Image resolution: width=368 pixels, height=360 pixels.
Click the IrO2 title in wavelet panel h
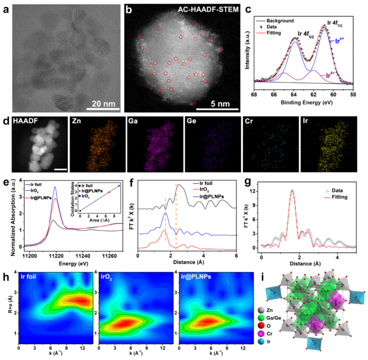pos(109,277)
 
